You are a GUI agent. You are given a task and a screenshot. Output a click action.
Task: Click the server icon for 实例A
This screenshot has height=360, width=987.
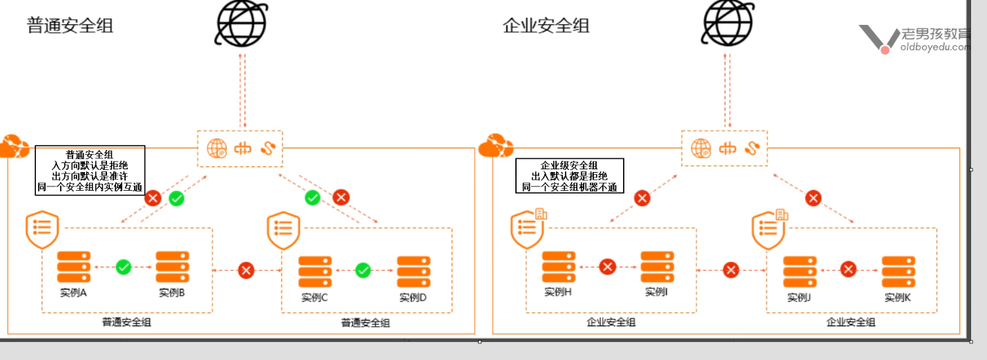(74, 266)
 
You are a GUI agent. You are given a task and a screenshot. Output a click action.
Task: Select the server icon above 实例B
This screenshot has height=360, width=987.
(173, 266)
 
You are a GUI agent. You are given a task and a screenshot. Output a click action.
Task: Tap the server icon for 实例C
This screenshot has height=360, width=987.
(315, 272)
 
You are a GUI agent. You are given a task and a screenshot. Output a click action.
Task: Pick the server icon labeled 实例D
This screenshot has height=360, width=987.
(414, 272)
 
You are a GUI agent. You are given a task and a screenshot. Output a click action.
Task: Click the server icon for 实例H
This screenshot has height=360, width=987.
(559, 266)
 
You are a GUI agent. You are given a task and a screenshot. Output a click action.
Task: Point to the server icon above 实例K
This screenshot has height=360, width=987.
(899, 272)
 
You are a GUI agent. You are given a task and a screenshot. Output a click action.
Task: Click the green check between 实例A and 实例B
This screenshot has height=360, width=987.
(124, 266)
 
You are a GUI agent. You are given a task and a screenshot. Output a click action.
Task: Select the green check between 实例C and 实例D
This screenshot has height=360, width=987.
(363, 271)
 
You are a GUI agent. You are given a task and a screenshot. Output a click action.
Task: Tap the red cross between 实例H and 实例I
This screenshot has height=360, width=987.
(608, 267)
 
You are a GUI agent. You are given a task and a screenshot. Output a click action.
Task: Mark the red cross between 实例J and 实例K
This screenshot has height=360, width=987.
(850, 270)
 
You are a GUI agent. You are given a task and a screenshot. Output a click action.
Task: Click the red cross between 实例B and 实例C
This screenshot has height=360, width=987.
(246, 270)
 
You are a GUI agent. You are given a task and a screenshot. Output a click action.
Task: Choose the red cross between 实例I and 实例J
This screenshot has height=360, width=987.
(731, 270)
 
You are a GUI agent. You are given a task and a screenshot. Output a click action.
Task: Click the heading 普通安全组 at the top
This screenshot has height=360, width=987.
(70, 26)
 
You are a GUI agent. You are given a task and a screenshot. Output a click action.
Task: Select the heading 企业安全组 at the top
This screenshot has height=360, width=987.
(546, 26)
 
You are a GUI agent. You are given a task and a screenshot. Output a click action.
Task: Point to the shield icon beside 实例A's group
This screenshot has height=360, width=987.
(42, 230)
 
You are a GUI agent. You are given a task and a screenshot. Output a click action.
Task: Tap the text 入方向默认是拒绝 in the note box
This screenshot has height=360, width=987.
(90, 166)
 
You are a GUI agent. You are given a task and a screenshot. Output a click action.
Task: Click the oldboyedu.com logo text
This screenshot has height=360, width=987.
(935, 47)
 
